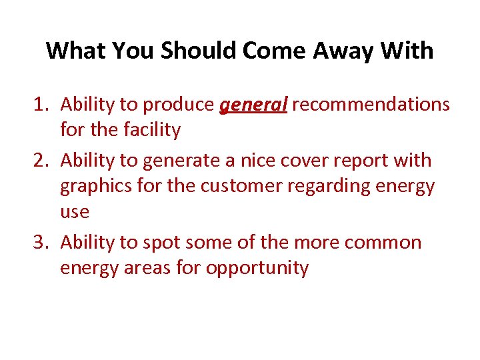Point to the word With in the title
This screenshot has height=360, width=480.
click(409, 51)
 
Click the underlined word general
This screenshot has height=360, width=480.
click(253, 105)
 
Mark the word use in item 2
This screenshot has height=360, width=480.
click(75, 213)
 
